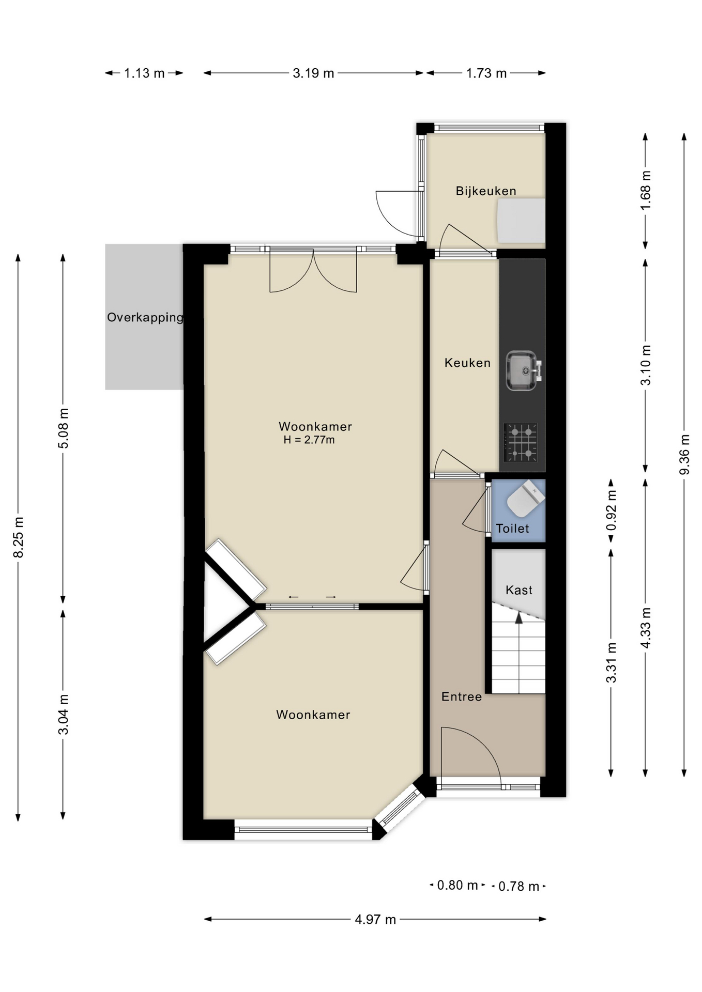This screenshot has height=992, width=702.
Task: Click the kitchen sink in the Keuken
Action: point(522,370)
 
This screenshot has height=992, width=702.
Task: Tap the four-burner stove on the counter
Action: point(521,442)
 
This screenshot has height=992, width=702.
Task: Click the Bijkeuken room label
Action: point(485,191)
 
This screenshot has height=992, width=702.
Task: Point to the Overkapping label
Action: point(145,317)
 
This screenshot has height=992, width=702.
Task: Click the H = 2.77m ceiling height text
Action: point(309,440)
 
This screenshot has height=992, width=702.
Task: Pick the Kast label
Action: point(518,590)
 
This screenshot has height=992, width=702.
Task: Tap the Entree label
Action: point(461,697)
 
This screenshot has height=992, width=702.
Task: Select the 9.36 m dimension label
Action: point(684,455)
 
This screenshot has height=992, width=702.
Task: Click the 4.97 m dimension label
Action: point(375,920)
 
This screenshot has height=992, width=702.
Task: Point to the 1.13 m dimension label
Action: point(144,73)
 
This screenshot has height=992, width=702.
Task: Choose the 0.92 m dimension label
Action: point(611,510)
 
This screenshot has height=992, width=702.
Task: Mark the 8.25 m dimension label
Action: point(18,537)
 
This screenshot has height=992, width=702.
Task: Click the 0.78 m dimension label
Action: point(518,887)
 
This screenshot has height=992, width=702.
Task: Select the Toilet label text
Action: point(512,529)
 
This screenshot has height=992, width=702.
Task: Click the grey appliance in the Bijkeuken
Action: point(521,221)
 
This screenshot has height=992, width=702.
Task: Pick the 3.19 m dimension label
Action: point(313,73)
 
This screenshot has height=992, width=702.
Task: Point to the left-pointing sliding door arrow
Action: point(294,597)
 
